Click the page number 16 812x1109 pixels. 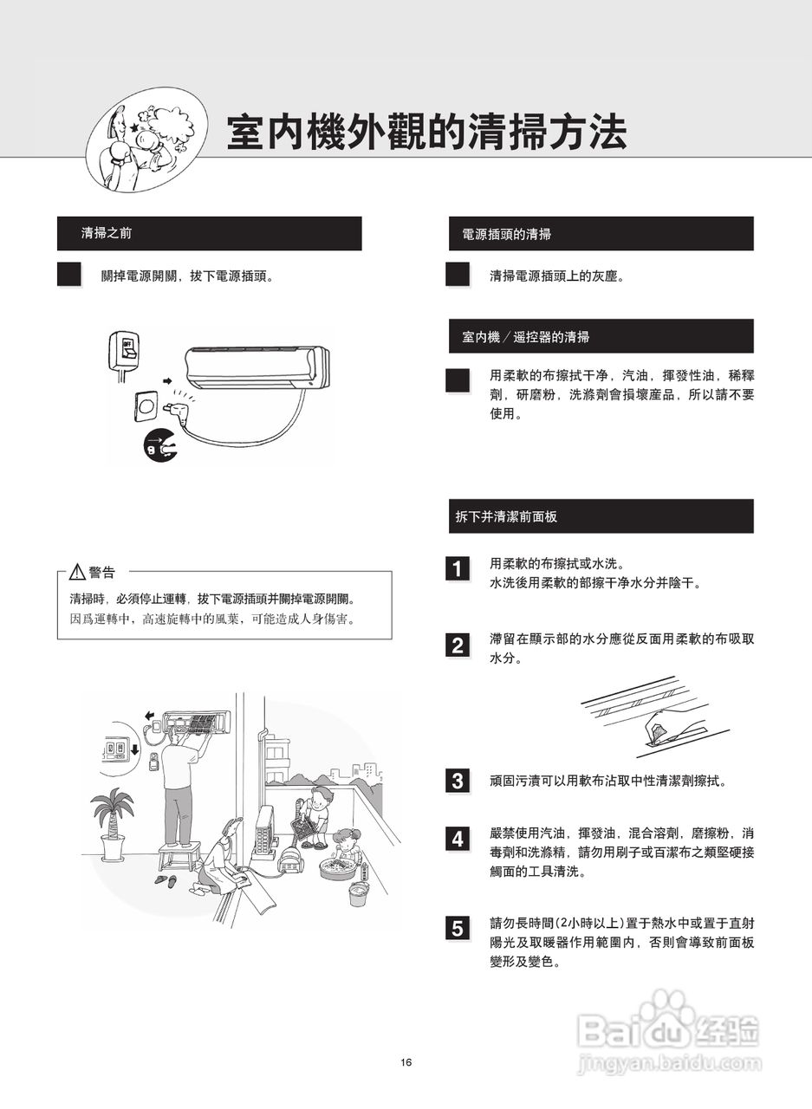coord(406,1063)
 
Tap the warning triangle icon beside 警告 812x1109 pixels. coord(77,572)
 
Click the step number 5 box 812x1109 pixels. coord(458,928)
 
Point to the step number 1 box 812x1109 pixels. coord(458,569)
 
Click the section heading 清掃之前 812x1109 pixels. coord(107,233)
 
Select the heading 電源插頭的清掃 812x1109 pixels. coord(506,234)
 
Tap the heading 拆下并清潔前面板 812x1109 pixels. coord(506,516)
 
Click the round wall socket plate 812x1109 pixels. coord(147,405)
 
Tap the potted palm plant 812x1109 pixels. coord(112,822)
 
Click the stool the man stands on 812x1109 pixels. coord(181,856)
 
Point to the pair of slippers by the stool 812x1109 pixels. coord(166,881)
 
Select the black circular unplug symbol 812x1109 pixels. coord(159,448)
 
